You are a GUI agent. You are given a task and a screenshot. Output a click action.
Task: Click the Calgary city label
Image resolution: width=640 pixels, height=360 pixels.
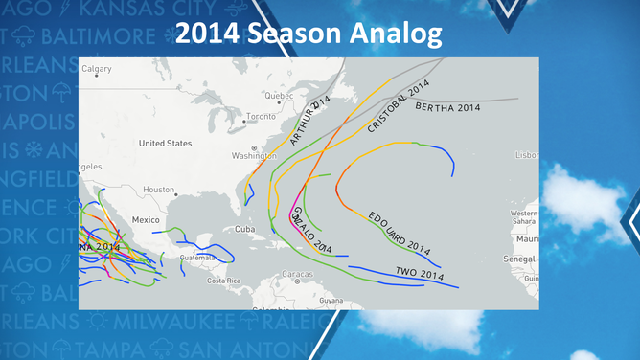[x=97, y=69]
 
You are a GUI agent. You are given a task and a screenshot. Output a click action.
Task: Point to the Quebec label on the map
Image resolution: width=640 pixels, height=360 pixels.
[x=278, y=96]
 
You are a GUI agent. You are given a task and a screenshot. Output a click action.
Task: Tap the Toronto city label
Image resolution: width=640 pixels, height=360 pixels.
[x=261, y=117]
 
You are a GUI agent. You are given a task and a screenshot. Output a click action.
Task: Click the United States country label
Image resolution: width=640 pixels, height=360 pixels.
[x=165, y=144]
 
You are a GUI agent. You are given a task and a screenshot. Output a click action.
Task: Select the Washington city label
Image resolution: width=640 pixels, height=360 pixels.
[x=254, y=155]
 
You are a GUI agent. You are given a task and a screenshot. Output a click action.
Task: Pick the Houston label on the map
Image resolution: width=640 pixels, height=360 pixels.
[x=159, y=190]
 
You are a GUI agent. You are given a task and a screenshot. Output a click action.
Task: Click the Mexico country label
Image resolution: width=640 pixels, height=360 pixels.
[x=146, y=220]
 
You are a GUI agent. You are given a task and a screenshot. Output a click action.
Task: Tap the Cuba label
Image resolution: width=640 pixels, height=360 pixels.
[x=245, y=230]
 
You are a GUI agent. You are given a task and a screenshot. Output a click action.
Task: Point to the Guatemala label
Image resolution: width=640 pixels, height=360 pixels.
[x=198, y=258]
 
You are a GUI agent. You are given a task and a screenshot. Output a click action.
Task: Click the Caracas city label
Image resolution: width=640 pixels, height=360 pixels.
[x=297, y=274]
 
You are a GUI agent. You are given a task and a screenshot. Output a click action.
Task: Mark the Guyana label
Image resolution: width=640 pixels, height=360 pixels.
[x=331, y=301]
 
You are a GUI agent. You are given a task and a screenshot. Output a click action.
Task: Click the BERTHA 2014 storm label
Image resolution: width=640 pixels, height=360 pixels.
[x=447, y=107]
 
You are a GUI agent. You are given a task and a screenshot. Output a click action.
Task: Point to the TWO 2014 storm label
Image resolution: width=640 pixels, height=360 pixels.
[x=420, y=274]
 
